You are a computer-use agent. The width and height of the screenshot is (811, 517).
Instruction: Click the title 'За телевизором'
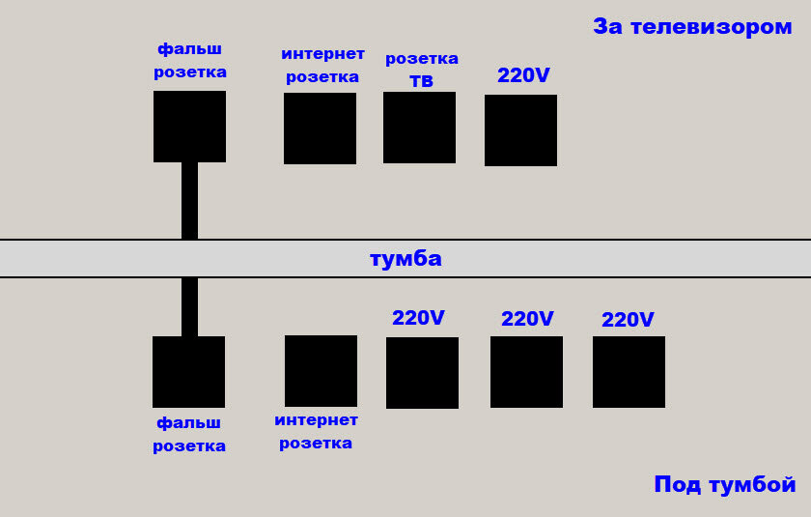pyautogui.click(x=691, y=27)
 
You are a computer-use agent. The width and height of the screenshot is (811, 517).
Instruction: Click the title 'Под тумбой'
pyautogui.click(x=724, y=484)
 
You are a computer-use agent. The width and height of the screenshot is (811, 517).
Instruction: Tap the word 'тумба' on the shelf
pyautogui.click(x=405, y=259)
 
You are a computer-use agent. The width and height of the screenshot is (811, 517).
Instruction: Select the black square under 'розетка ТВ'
pyautogui.click(x=419, y=128)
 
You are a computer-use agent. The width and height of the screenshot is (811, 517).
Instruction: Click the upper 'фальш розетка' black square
pyautogui.click(x=189, y=127)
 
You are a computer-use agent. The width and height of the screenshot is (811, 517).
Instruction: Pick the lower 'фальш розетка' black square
pyautogui.click(x=188, y=372)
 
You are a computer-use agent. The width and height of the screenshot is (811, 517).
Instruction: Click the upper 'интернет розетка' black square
pyautogui.click(x=320, y=129)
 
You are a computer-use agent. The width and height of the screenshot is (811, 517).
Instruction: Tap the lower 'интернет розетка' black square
pyautogui.click(x=321, y=371)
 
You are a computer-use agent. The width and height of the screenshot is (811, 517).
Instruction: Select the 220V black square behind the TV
pyautogui.click(x=520, y=130)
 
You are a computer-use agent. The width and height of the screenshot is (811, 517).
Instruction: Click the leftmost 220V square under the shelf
pyautogui.click(x=422, y=373)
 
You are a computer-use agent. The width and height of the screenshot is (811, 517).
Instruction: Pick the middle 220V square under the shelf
pyautogui.click(x=526, y=372)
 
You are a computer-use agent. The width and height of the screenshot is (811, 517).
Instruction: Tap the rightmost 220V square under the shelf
pyautogui.click(x=629, y=372)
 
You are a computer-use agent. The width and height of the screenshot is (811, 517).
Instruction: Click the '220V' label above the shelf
pyautogui.click(x=523, y=75)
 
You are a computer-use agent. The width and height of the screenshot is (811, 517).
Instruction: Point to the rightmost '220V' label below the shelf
pyautogui.click(x=628, y=320)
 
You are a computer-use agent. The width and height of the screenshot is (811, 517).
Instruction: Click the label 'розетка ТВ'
pyautogui.click(x=422, y=70)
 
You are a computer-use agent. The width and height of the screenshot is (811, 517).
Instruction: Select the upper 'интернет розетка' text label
pyautogui.click(x=322, y=65)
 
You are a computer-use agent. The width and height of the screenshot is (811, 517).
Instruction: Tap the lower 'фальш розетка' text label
pyautogui.click(x=189, y=434)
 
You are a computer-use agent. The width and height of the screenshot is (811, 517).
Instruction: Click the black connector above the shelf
pyautogui.click(x=189, y=200)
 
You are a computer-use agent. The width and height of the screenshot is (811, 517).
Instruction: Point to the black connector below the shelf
pyautogui.click(x=189, y=307)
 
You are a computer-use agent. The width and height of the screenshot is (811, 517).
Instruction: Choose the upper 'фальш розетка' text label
pyautogui.click(x=190, y=60)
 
